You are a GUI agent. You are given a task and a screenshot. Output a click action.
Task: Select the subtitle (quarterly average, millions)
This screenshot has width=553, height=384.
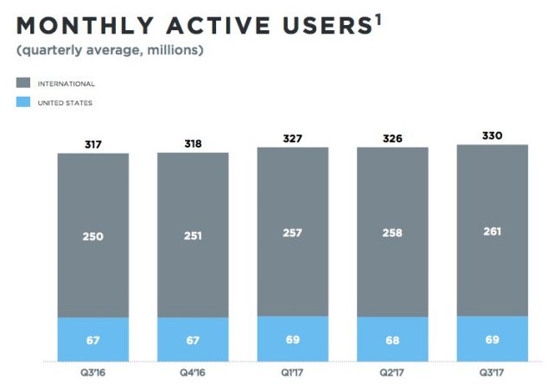click(x=111, y=50)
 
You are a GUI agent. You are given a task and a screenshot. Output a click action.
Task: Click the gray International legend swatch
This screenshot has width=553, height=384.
click(x=22, y=84)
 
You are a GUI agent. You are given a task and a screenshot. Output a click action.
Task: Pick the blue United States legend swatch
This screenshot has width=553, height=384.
click(x=22, y=103)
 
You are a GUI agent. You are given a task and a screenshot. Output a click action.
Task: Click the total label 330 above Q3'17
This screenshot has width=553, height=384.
click(x=493, y=136)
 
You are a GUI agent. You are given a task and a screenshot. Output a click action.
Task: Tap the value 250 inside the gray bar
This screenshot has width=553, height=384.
click(x=93, y=236)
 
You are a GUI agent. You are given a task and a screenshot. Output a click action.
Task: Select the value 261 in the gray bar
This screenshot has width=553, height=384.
click(x=493, y=231)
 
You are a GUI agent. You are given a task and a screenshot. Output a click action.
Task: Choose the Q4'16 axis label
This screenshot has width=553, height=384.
click(x=193, y=373)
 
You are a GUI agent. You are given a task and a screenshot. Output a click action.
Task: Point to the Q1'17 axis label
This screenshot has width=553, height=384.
click(x=293, y=373)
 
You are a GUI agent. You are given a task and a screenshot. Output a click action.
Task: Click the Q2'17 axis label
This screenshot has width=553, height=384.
click(x=393, y=373)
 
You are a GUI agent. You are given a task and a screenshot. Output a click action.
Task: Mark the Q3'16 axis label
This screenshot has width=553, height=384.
click(x=93, y=373)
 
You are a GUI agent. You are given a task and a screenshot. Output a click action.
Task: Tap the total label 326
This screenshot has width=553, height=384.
click(x=393, y=139)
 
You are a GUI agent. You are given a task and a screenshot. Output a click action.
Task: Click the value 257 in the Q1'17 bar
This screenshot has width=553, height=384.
click(x=293, y=233)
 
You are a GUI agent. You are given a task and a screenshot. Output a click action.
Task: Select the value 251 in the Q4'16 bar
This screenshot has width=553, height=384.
click(x=193, y=236)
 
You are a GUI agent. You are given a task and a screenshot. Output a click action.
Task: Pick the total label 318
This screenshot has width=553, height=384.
click(x=193, y=144)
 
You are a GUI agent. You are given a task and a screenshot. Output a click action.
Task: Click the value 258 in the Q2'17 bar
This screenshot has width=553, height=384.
click(x=393, y=233)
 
